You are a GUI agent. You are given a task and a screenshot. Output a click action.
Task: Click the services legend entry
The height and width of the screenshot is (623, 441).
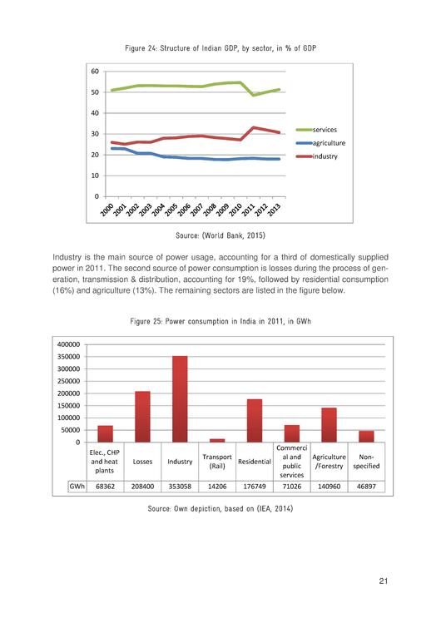324,130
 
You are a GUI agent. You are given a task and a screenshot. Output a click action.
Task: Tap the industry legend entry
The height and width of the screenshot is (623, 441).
324,156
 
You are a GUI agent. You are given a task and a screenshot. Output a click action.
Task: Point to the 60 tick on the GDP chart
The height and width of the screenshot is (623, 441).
96,72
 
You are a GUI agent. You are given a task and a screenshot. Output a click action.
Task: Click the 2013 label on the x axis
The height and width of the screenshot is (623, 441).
271,210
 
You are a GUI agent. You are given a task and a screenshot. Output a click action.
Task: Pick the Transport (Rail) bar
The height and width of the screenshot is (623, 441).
216,440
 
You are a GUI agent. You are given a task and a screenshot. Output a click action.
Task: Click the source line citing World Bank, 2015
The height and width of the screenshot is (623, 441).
220,235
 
